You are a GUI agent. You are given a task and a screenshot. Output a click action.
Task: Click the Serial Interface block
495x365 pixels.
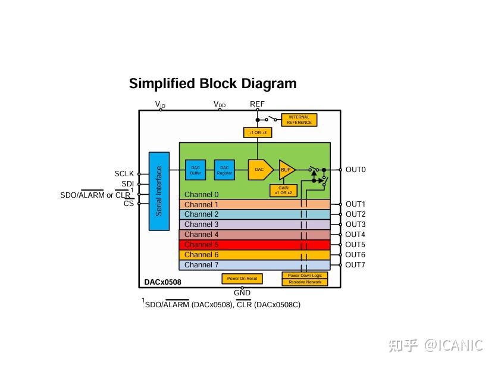[159, 191]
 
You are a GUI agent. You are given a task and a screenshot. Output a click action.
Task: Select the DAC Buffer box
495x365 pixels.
[195, 170]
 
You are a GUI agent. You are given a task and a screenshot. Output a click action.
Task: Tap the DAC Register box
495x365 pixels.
[224, 170]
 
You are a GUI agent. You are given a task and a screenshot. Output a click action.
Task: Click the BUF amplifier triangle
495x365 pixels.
[286, 170]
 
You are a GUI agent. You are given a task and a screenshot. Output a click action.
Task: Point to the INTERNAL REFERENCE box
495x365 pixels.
[299, 120]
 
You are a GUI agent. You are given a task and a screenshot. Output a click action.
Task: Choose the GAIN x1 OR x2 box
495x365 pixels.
[283, 191]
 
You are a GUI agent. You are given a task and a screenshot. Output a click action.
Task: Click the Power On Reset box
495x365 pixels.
[242, 279]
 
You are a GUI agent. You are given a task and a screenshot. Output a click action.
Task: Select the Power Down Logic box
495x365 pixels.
[305, 276]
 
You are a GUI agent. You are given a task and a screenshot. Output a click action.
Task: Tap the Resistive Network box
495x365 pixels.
[305, 282]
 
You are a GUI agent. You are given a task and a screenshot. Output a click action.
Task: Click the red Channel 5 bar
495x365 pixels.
[255, 245]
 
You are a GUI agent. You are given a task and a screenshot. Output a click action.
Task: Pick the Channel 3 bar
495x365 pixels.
[255, 224]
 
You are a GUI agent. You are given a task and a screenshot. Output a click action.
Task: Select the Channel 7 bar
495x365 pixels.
[255, 265]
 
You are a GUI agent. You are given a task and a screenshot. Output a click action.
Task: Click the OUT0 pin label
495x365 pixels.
[356, 170]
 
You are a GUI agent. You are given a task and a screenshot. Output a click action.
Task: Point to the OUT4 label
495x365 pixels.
[355, 235]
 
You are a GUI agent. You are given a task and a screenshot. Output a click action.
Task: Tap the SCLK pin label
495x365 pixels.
[124, 174]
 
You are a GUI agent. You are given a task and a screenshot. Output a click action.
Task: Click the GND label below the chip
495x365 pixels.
[242, 293]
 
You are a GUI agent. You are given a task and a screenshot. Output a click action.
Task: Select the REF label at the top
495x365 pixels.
[257, 104]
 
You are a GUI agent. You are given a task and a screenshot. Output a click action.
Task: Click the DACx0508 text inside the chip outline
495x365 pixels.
[162, 282]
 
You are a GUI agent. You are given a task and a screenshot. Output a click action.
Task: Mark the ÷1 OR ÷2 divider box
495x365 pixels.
[258, 132]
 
